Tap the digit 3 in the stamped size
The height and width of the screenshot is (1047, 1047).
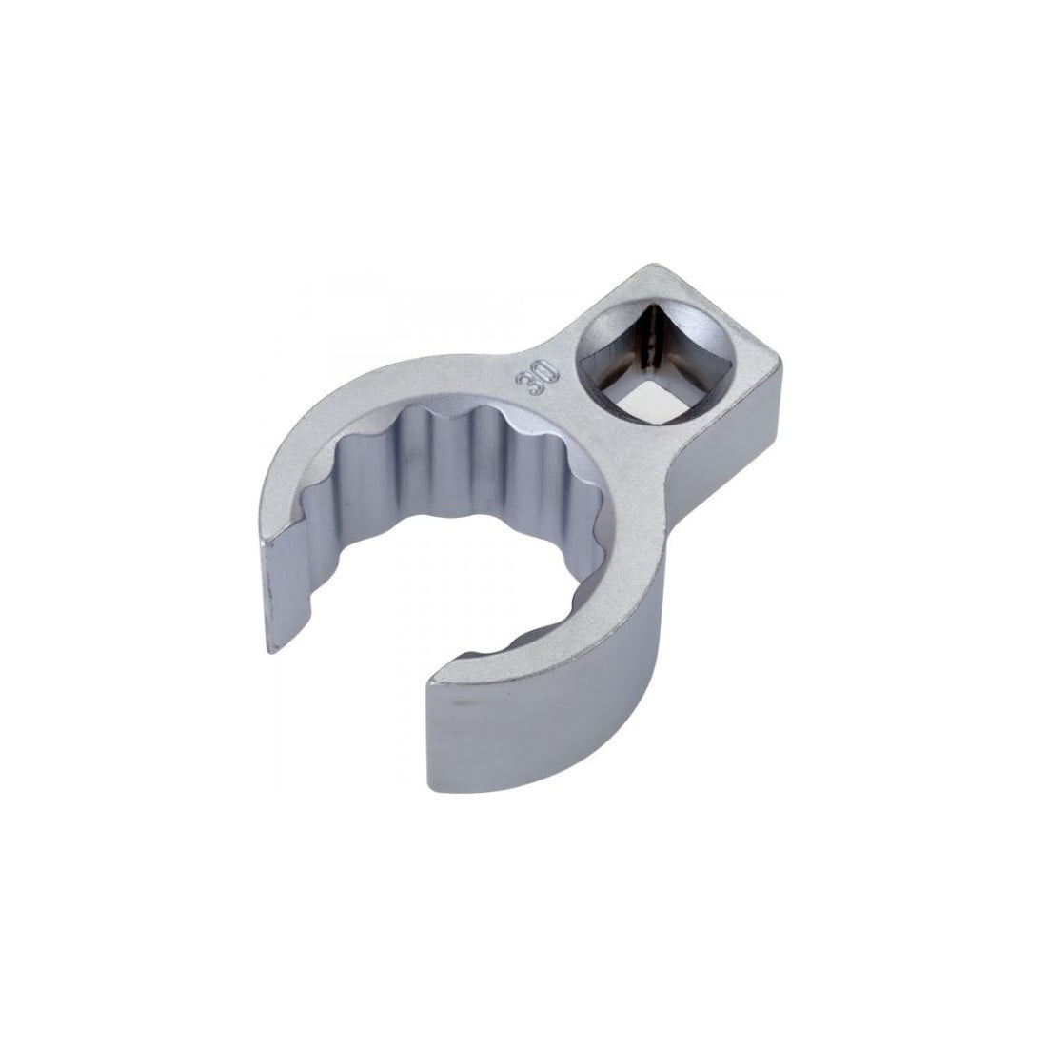pyautogui.click(x=527, y=385)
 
